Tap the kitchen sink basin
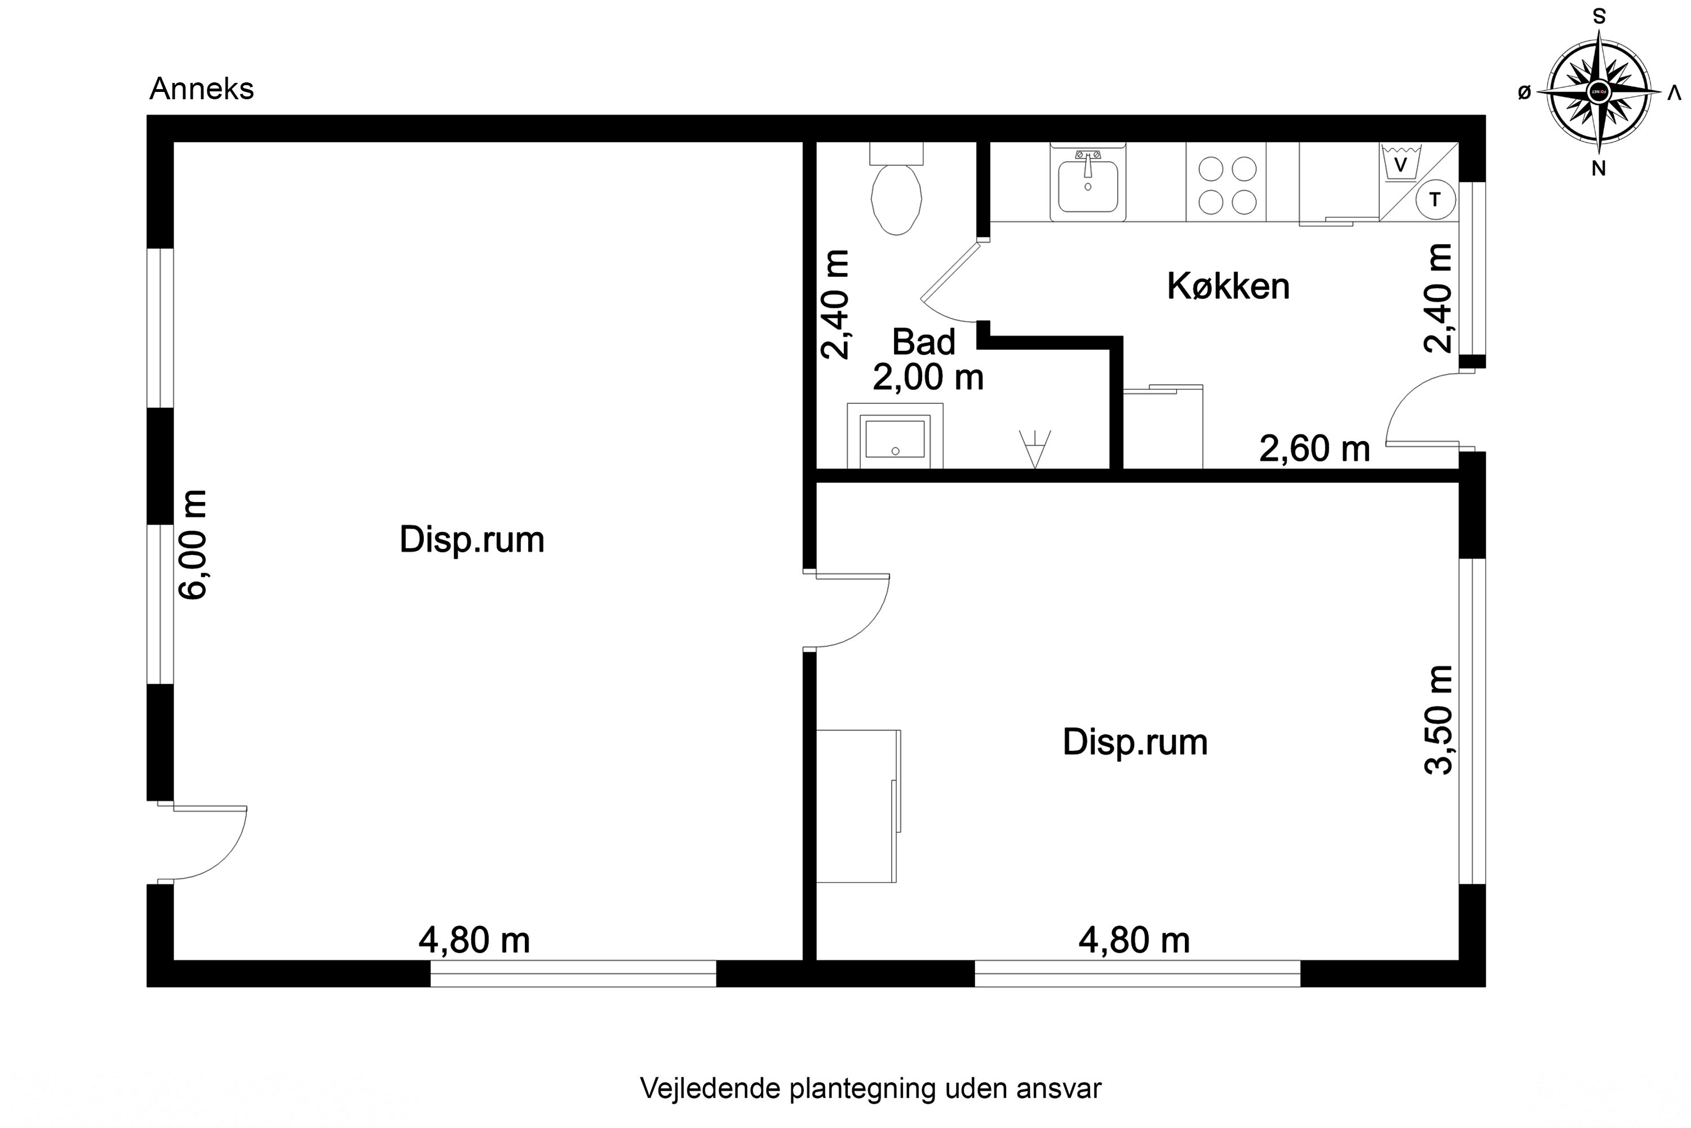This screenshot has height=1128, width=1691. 1088,186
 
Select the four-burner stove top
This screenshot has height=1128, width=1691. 1227,186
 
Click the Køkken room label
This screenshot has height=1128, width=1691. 1228,287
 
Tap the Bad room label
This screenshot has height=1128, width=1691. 923,342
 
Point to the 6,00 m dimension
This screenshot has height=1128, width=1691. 193,545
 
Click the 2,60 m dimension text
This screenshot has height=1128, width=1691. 1314,449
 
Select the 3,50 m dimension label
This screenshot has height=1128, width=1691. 1438,720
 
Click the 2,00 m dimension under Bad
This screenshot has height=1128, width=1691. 927,378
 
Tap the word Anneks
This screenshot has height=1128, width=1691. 201,89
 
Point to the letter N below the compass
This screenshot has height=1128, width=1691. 1598,168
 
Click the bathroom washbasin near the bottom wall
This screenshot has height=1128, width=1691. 895,438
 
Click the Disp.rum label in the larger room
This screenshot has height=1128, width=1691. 472,540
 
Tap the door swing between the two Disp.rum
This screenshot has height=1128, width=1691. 852,611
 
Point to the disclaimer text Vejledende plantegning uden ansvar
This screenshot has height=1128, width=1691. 870,1089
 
